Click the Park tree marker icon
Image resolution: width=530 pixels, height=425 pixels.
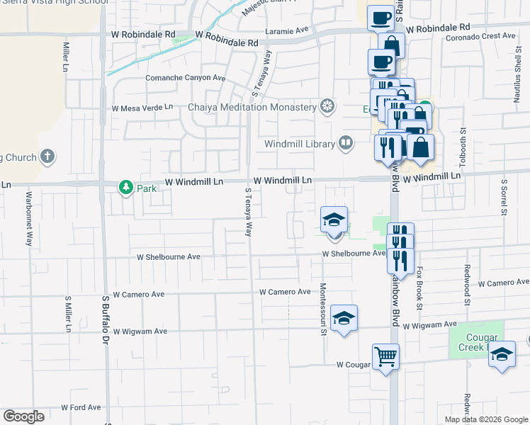click(126, 188)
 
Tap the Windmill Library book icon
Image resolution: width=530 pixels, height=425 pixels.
click(346, 143)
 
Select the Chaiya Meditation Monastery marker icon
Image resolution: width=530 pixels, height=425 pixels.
click(327, 106)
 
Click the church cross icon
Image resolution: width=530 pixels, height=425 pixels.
click(47, 156)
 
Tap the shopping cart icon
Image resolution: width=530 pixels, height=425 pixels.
click(385, 356)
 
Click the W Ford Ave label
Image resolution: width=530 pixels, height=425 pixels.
click(81, 407)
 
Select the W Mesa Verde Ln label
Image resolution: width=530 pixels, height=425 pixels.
click(142, 108)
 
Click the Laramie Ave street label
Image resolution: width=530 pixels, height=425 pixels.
click(287, 30)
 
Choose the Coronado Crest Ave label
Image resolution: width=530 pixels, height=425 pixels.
click(480, 35)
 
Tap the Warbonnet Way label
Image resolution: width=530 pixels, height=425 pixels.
click(30, 219)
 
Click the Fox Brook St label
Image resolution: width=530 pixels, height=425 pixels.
click(419, 288)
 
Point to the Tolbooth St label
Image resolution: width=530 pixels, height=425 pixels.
click(463, 147)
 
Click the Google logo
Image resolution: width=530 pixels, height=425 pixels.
click(23, 416)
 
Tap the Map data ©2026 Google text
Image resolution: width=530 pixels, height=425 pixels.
click(486, 419)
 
